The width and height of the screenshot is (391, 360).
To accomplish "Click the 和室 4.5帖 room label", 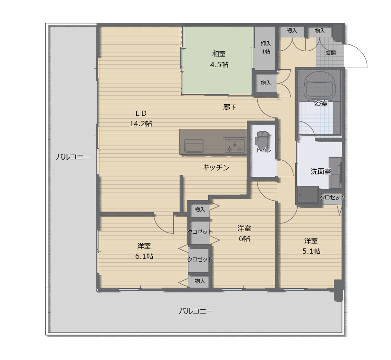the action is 219,59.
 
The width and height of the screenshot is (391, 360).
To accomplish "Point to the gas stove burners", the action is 235,146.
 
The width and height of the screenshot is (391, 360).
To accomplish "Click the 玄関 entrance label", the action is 331,53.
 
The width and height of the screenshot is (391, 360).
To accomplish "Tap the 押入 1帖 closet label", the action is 266,47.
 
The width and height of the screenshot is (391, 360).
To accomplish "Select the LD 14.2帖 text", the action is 141,118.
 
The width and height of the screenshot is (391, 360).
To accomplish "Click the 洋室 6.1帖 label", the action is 144,251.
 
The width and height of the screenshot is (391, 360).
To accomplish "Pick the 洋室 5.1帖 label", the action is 311,246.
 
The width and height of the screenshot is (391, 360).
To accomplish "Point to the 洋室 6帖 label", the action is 244,233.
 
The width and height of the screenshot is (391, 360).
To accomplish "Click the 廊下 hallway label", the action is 230,107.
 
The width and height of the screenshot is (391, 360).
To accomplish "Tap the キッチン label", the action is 216,167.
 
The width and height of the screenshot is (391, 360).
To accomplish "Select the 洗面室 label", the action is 321,171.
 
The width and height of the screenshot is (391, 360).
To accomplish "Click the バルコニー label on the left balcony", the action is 73,157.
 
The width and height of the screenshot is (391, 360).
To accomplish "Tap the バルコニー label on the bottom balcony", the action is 196,311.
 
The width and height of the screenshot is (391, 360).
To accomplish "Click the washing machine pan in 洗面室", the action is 308,195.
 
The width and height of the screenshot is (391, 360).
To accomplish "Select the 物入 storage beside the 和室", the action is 266,83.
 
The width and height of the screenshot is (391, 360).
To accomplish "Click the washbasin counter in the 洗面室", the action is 335,173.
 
